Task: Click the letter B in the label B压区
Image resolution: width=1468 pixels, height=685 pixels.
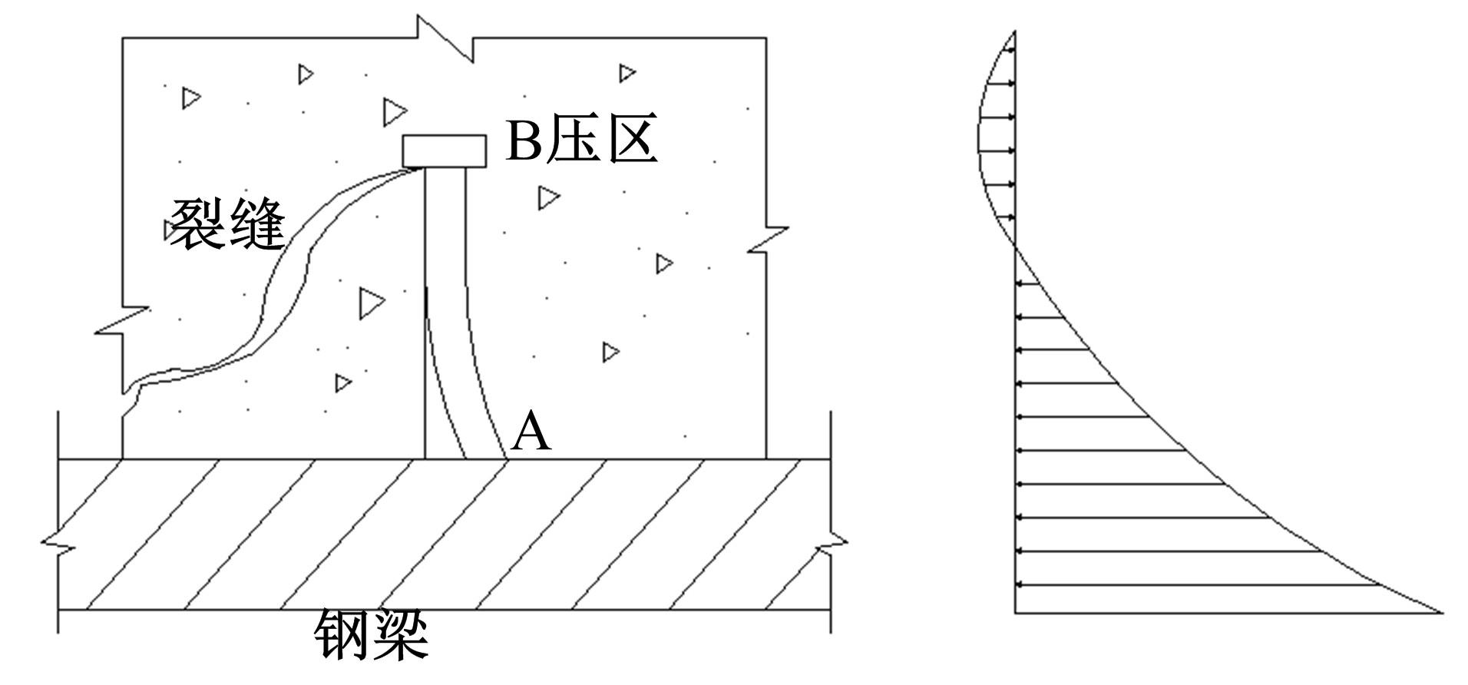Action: [x=524, y=141]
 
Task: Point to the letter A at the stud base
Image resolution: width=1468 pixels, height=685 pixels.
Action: [x=531, y=432]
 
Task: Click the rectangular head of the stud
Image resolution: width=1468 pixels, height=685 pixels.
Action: [x=445, y=151]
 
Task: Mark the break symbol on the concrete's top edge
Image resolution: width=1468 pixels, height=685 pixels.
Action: [x=445, y=39]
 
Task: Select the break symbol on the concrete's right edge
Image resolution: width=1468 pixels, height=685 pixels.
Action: [x=767, y=239]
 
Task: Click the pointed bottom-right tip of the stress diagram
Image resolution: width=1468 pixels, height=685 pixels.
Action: [x=1442, y=613]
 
